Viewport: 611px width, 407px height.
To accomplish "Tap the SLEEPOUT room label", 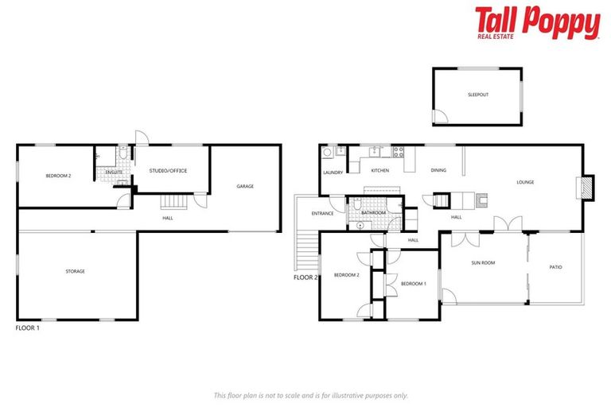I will click(478, 95).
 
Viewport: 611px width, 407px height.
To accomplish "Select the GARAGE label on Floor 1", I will click(245, 186).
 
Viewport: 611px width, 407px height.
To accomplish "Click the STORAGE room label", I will click(76, 271).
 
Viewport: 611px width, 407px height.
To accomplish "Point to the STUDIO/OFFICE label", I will click(168, 171).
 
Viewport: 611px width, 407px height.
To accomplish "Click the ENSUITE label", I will click(113, 171).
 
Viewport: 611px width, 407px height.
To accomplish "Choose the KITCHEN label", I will click(379, 171).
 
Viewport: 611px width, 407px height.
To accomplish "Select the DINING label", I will click(438, 171).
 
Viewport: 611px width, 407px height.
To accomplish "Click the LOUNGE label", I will click(525, 182).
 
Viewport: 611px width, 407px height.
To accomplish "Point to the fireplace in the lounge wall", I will click(586, 188).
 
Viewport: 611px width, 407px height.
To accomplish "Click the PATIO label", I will click(555, 267).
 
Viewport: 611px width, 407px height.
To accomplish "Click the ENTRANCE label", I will click(322, 213).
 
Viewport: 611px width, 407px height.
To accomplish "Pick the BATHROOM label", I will click(373, 213).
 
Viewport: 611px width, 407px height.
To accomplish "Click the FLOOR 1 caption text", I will click(27, 328).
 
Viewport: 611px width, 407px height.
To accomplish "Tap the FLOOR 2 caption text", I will click(305, 278).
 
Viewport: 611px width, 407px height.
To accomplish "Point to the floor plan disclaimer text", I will click(311, 395).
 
